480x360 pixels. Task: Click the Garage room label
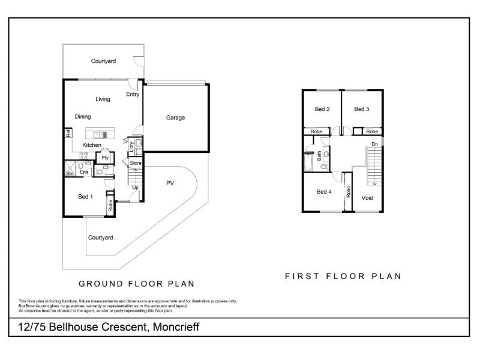(175, 118)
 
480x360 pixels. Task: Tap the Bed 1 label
(85, 197)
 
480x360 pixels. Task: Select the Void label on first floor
(367, 198)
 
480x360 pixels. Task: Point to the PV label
(170, 183)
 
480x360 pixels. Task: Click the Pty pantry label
(105, 158)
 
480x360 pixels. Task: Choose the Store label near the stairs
(136, 163)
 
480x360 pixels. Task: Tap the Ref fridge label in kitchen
(68, 133)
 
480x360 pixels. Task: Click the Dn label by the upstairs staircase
(374, 144)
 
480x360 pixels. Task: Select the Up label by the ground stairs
(136, 187)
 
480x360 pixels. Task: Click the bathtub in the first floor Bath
(308, 162)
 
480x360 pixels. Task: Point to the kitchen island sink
(100, 134)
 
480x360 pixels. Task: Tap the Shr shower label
(70, 173)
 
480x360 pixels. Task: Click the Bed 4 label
(324, 191)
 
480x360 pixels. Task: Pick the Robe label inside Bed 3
(372, 131)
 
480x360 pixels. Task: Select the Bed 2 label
(322, 109)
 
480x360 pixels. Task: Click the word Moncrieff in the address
(176, 327)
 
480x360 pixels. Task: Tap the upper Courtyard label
(103, 61)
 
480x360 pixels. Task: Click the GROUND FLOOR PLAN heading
(137, 284)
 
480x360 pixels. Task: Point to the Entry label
(133, 94)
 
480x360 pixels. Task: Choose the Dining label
(83, 116)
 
